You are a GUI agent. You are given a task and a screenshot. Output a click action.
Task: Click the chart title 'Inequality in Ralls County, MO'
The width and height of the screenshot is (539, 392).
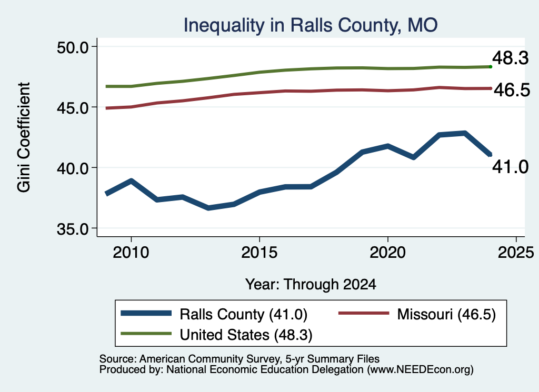pos(311,25)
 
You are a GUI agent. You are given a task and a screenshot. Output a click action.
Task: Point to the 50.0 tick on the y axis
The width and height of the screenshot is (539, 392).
pos(73,47)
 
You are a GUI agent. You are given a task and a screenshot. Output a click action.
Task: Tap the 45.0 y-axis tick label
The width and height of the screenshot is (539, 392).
pos(73,107)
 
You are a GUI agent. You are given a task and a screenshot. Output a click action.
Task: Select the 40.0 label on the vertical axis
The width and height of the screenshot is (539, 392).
pos(73,168)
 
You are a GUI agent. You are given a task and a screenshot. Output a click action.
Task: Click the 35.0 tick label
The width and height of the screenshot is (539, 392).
pos(73,228)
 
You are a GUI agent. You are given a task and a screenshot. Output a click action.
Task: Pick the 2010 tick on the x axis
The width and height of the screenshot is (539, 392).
pos(131,253)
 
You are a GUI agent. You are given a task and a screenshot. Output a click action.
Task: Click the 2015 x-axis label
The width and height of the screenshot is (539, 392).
pos(259,253)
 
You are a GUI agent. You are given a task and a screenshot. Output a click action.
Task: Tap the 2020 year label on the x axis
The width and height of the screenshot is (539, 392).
pos(388,253)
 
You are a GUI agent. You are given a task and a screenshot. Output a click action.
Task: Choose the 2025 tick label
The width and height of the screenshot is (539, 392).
pos(516,253)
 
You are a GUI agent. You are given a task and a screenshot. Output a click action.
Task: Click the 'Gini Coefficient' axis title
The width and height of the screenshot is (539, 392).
pos(24,137)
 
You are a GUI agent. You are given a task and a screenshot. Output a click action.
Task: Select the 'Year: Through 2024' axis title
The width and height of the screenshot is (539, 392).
pos(311,285)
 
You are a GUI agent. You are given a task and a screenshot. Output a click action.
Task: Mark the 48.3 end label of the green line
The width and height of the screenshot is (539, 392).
pos(511,58)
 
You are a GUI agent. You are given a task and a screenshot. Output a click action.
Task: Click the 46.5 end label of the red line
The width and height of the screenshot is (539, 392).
pos(512,90)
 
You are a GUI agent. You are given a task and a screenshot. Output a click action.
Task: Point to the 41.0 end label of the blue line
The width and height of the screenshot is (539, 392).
pos(511,167)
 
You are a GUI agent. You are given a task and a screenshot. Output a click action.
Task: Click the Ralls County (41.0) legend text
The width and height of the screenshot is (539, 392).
pos(243,314)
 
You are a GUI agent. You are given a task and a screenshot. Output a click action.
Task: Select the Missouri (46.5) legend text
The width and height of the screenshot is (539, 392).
pos(446,314)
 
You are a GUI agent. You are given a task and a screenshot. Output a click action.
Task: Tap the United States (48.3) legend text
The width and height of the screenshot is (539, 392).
pos(246,335)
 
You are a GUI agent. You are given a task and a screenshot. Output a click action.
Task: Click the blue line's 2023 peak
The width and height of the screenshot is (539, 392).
pos(465,133)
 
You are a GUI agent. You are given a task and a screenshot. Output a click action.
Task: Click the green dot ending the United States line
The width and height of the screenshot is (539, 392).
pos(491,67)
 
